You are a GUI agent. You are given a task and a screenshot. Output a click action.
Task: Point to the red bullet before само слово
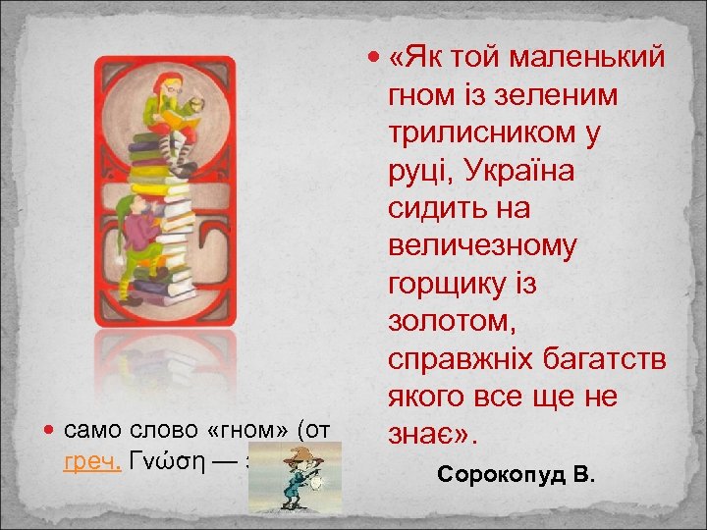(50, 431)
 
